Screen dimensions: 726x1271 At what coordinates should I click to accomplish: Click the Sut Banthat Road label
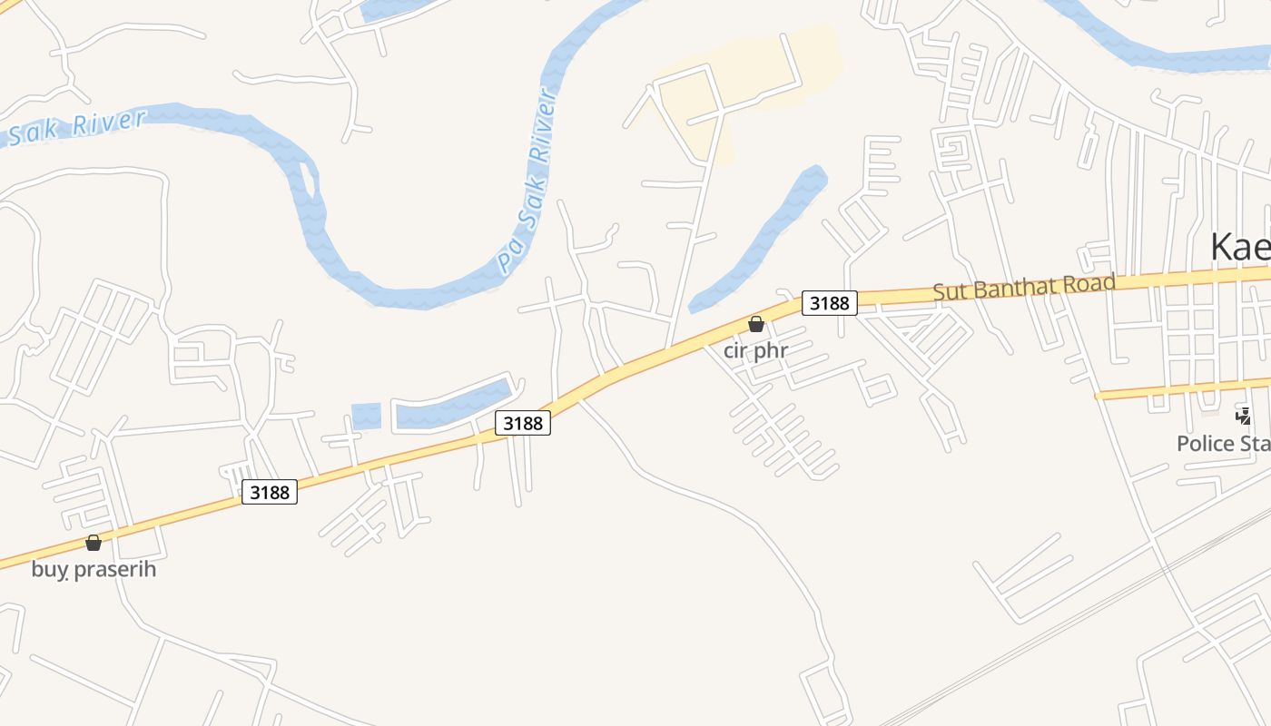tap(1024, 287)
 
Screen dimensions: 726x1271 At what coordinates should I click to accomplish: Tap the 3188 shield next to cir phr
tap(828, 303)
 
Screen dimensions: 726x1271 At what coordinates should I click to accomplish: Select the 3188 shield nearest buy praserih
tap(270, 492)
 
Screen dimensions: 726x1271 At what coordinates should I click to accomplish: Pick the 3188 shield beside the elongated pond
tap(523, 423)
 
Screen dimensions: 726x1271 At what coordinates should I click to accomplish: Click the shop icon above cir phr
tap(755, 324)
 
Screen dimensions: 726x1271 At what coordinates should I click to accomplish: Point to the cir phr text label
tap(755, 350)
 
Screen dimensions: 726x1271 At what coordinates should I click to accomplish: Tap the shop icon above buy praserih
tap(93, 543)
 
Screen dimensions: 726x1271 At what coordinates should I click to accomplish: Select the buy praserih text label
tap(94, 570)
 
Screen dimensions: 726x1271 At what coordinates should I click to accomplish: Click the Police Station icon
tap(1243, 416)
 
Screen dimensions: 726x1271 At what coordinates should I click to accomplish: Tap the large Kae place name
tap(1240, 247)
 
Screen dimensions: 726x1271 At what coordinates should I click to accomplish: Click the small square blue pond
tap(366, 416)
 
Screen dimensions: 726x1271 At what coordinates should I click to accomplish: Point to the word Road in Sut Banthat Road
tap(1087, 284)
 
